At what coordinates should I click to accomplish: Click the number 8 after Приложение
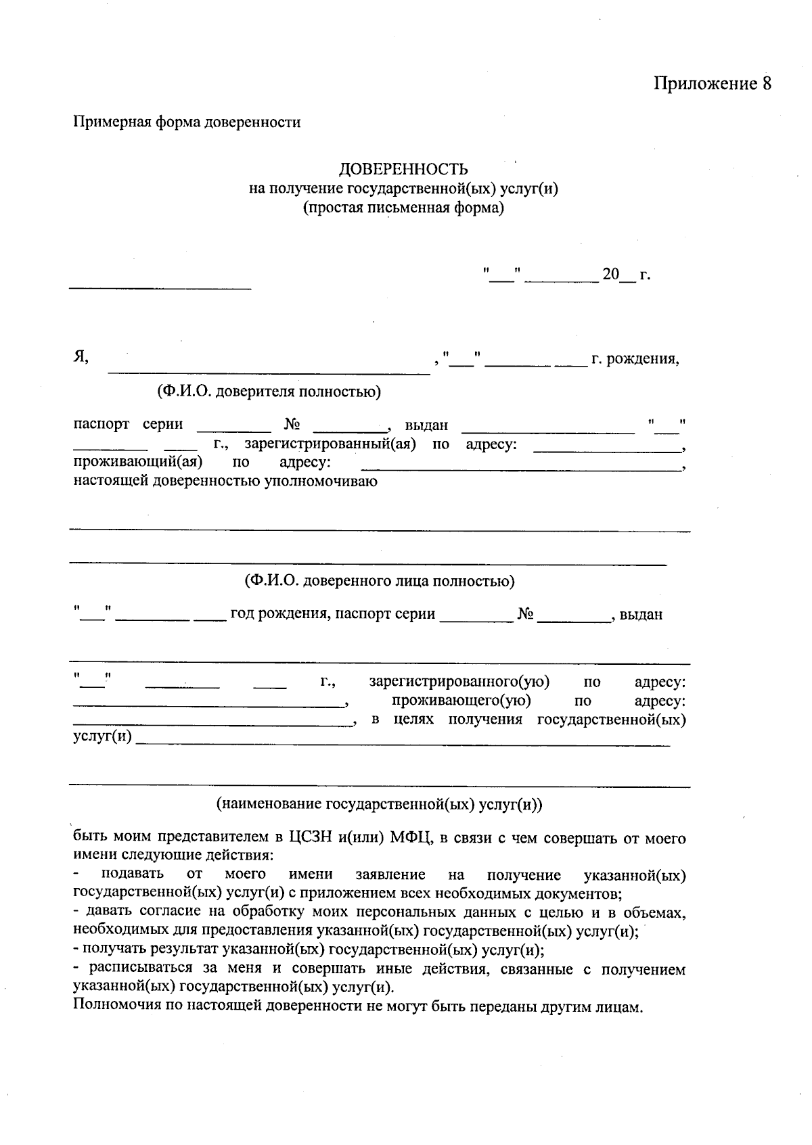[x=766, y=84]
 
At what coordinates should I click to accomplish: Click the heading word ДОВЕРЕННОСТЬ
[x=403, y=169]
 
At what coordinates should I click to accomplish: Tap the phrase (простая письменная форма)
[x=403, y=208]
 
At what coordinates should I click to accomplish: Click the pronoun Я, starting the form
[x=81, y=358]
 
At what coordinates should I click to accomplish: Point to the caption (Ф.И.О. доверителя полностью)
[x=269, y=391]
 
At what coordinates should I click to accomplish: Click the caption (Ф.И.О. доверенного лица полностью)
[x=380, y=581]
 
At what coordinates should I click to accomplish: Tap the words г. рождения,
[x=635, y=358]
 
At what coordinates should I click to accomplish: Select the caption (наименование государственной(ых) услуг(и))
[x=380, y=805]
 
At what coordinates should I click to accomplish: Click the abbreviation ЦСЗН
[x=311, y=839]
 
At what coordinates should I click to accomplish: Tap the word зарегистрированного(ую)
[x=459, y=682]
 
